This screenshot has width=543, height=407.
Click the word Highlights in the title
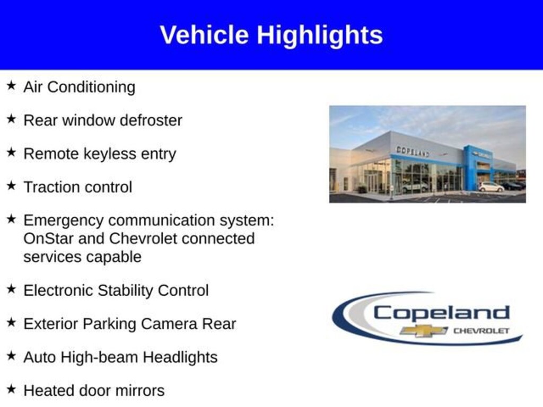click(320, 36)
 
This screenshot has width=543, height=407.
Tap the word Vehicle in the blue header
click(204, 34)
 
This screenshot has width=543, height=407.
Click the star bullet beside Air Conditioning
click(11, 85)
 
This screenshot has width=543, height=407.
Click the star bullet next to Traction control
click(11, 185)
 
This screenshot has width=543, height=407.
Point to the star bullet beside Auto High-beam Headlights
click(11, 356)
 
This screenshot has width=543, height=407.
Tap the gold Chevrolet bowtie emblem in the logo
click(424, 331)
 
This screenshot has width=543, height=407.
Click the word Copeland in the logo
click(441, 314)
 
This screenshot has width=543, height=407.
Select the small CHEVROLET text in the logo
click(481, 331)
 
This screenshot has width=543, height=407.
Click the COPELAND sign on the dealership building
click(413, 152)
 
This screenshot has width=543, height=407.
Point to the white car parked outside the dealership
click(491, 187)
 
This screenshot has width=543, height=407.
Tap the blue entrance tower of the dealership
click(478, 168)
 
